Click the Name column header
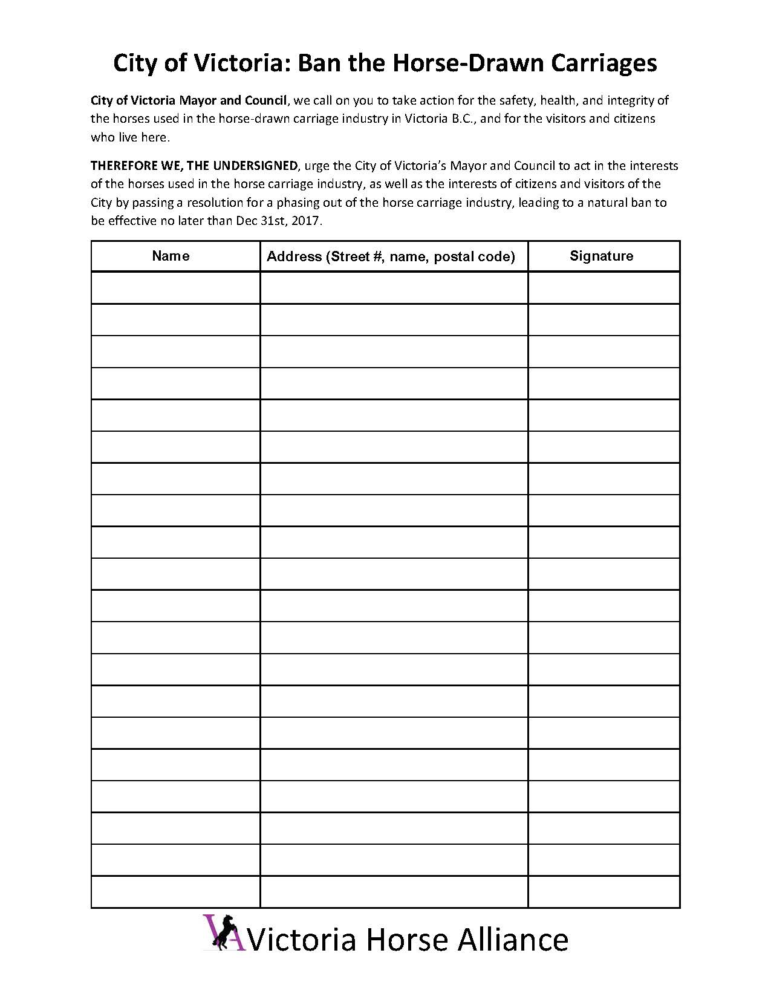171,256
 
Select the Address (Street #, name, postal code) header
391,256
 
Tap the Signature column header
601,256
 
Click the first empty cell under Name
175,288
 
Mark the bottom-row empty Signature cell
603,892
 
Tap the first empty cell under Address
394,288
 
